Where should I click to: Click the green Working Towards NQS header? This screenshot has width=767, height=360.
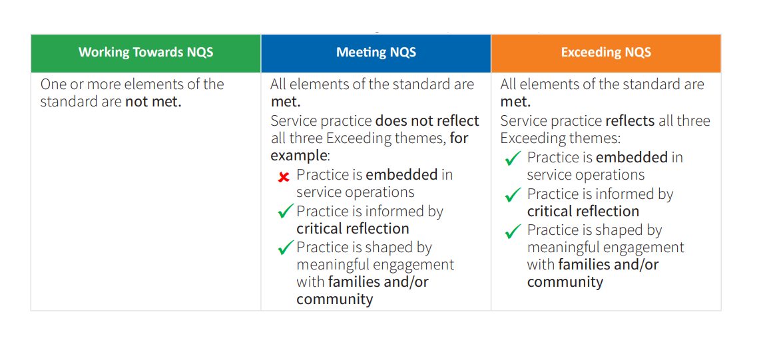pyautogui.click(x=146, y=53)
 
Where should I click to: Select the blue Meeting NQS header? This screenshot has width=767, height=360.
pyautogui.click(x=376, y=53)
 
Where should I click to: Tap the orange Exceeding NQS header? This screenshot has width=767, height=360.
pyautogui.click(x=606, y=53)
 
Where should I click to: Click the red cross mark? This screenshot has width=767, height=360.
pyautogui.click(x=284, y=177)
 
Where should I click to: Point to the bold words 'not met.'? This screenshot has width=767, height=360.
pyautogui.click(x=153, y=102)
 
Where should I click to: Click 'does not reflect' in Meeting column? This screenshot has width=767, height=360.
pyautogui.click(x=427, y=120)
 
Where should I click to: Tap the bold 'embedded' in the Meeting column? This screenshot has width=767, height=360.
pyautogui.click(x=401, y=174)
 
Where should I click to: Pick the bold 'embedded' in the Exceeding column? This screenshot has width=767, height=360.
pyautogui.click(x=632, y=157)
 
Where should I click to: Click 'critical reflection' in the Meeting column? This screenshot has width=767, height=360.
pyautogui.click(x=353, y=228)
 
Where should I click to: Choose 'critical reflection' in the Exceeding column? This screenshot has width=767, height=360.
pyautogui.click(x=583, y=211)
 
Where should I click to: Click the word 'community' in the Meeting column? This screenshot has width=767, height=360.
pyautogui.click(x=334, y=299)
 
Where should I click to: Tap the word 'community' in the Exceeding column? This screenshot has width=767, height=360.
pyautogui.click(x=565, y=281)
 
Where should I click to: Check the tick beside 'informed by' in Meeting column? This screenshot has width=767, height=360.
pyautogui.click(x=286, y=212)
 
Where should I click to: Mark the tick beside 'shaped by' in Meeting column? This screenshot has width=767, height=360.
pyautogui.click(x=286, y=248)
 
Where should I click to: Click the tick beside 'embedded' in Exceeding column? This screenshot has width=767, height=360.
pyautogui.click(x=513, y=159)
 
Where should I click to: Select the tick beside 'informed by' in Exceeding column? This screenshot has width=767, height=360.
pyautogui.click(x=513, y=195)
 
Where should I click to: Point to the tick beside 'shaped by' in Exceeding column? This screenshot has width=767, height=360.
pyautogui.click(x=513, y=231)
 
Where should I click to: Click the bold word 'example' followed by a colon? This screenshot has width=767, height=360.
pyautogui.click(x=298, y=156)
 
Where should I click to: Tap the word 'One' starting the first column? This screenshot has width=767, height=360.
pyautogui.click(x=54, y=85)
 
